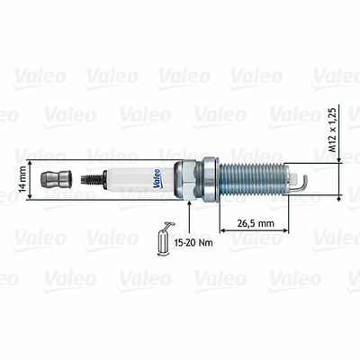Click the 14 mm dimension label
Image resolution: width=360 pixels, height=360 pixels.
(x=22, y=179)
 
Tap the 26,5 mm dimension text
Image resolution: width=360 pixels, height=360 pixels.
(x=256, y=223)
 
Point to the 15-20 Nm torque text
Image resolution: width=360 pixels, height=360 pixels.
(x=193, y=242)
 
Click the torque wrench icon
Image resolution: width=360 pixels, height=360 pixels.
(x=165, y=239)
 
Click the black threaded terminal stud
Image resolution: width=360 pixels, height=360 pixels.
(x=92, y=179)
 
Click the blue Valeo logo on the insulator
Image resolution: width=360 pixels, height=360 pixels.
(x=157, y=179)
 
